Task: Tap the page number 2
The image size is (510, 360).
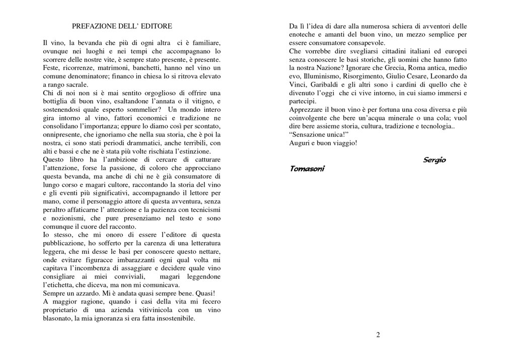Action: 378,335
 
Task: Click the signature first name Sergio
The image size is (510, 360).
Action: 434,160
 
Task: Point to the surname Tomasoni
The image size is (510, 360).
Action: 307,169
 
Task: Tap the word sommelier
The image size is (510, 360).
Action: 144,109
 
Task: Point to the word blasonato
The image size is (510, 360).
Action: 57,318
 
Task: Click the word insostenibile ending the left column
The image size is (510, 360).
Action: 173,318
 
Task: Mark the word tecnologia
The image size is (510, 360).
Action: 434,126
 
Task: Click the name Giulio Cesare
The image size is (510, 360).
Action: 412,76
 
